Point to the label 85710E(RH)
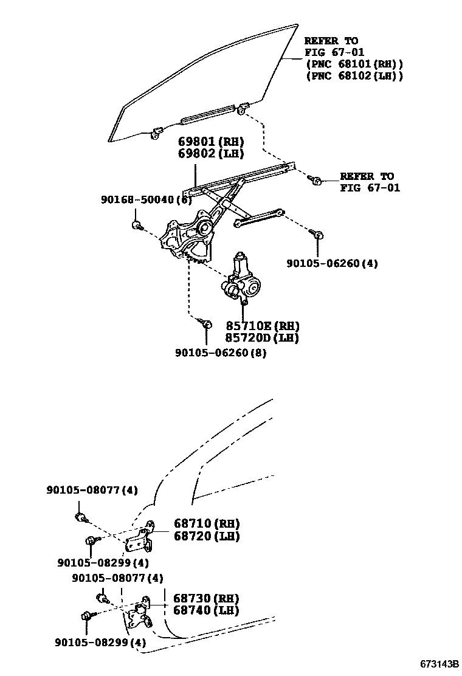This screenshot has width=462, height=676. (263, 326)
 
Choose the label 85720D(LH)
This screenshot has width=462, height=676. (263, 338)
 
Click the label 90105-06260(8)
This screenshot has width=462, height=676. (221, 352)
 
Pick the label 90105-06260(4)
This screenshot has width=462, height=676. (332, 264)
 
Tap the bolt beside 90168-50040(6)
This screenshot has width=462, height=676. (137, 226)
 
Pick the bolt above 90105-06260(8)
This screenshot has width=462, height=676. (205, 323)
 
